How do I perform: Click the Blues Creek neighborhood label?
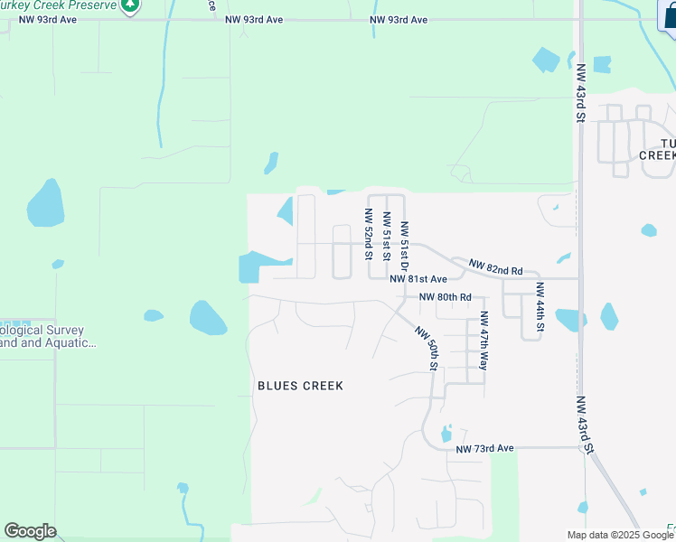click(x=300, y=386)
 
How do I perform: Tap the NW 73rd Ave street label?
click(x=484, y=448)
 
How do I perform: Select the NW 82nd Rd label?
click(x=495, y=266)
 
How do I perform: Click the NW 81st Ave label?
click(x=418, y=280)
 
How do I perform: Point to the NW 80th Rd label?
click(x=445, y=297)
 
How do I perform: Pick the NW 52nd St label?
click(x=369, y=234)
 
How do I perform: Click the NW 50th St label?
click(x=427, y=349)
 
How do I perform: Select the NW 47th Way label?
click(x=484, y=341)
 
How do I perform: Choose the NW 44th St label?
click(x=540, y=307)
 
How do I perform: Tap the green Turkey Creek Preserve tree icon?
click(x=132, y=5)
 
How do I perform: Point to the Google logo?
click(x=30, y=531)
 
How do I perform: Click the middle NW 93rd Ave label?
click(x=255, y=18)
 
